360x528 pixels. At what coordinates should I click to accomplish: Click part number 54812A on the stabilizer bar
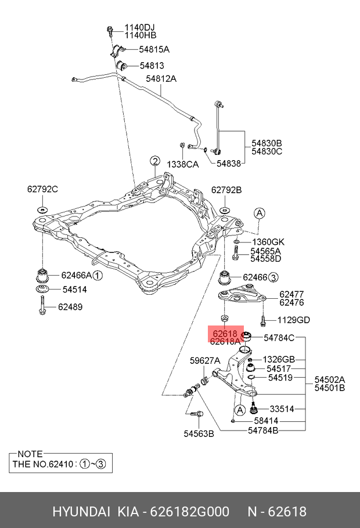(161, 78)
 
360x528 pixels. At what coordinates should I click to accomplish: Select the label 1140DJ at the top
(139, 27)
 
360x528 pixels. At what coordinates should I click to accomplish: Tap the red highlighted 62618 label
(225, 334)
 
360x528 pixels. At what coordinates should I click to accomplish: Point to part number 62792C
(42, 189)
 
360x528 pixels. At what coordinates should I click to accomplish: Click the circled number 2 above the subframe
(154, 161)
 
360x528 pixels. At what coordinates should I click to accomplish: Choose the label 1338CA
(182, 164)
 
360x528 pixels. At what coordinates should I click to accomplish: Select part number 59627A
(206, 360)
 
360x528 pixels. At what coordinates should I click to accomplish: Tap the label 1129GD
(293, 320)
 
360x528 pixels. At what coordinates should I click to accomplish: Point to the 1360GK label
(268, 241)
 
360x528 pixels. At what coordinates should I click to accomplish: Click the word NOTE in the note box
(30, 454)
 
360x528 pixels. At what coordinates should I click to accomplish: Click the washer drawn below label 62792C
(42, 210)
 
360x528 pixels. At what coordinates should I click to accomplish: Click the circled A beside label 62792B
(260, 213)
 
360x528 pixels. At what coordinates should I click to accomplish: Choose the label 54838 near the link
(229, 164)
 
